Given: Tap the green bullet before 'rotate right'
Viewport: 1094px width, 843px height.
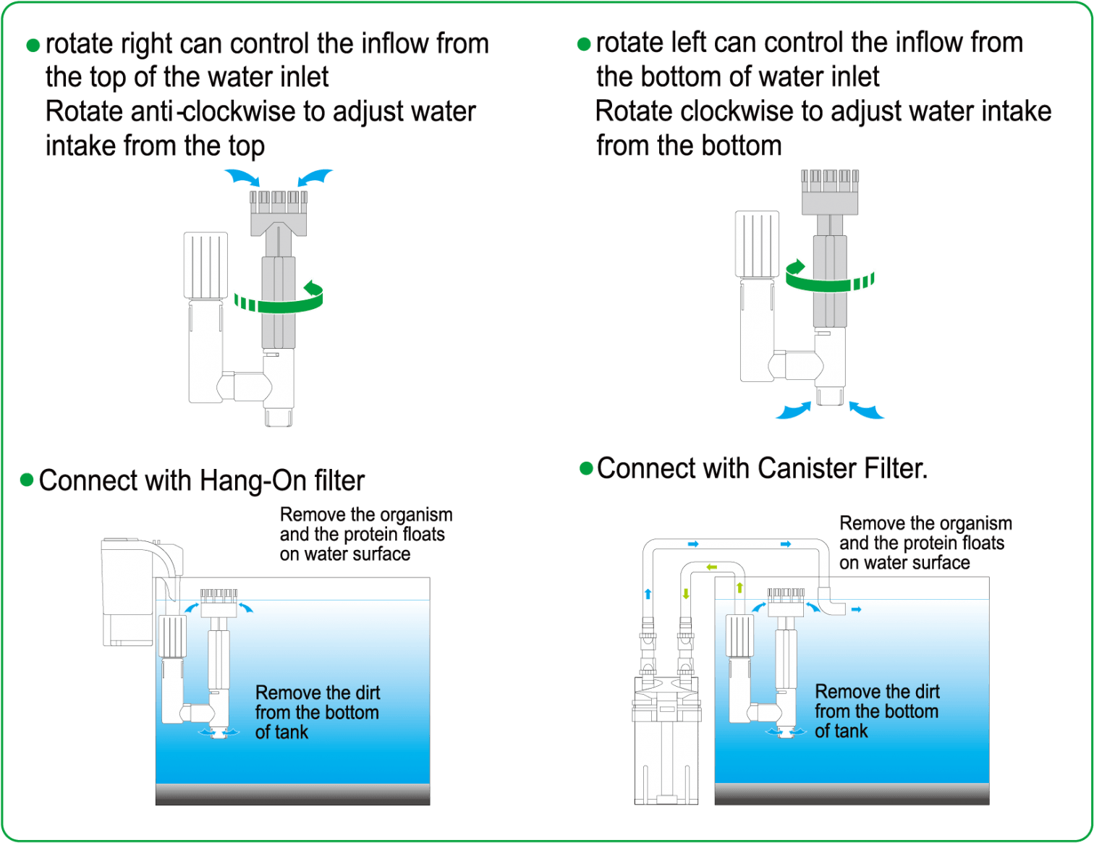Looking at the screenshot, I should (x=33, y=46).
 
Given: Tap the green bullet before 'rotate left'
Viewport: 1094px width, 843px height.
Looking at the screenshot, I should (x=584, y=45).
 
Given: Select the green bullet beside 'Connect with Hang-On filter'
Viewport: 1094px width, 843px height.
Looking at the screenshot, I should (x=27, y=480).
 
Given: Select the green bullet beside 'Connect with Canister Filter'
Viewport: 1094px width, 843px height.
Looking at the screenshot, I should (x=587, y=468).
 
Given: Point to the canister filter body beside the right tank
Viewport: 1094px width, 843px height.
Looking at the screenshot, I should (x=666, y=745).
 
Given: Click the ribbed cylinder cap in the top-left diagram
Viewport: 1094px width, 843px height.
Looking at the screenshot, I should (x=205, y=266).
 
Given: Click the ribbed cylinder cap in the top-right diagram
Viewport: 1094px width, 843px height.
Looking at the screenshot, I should (x=757, y=245).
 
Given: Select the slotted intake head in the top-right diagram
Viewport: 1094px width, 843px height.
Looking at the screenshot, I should (x=830, y=191).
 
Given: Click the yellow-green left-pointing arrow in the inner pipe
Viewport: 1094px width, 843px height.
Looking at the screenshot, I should (x=711, y=567).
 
